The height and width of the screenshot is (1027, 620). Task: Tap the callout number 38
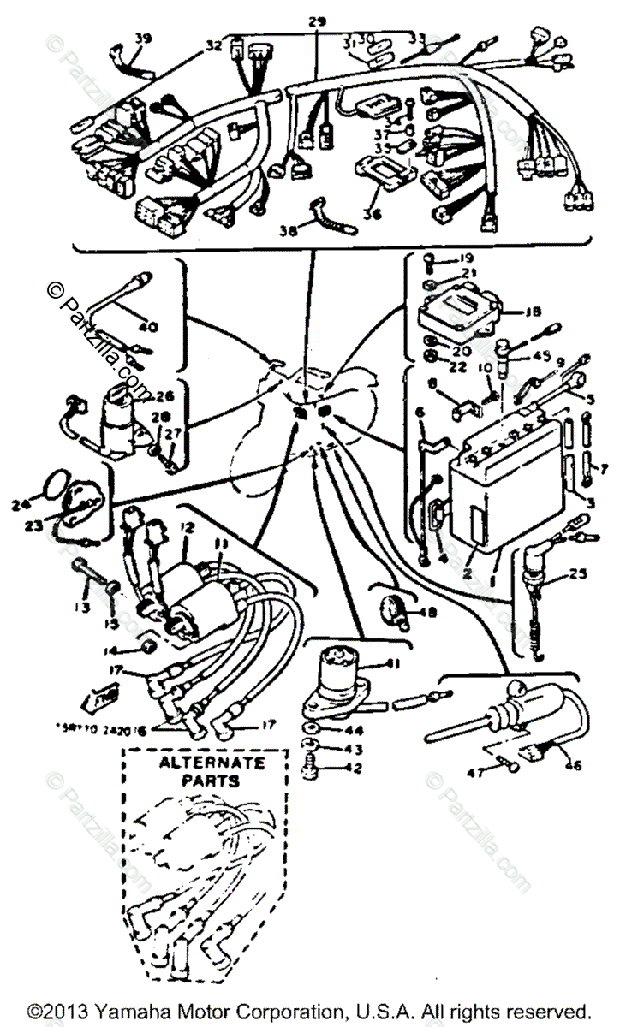290,230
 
